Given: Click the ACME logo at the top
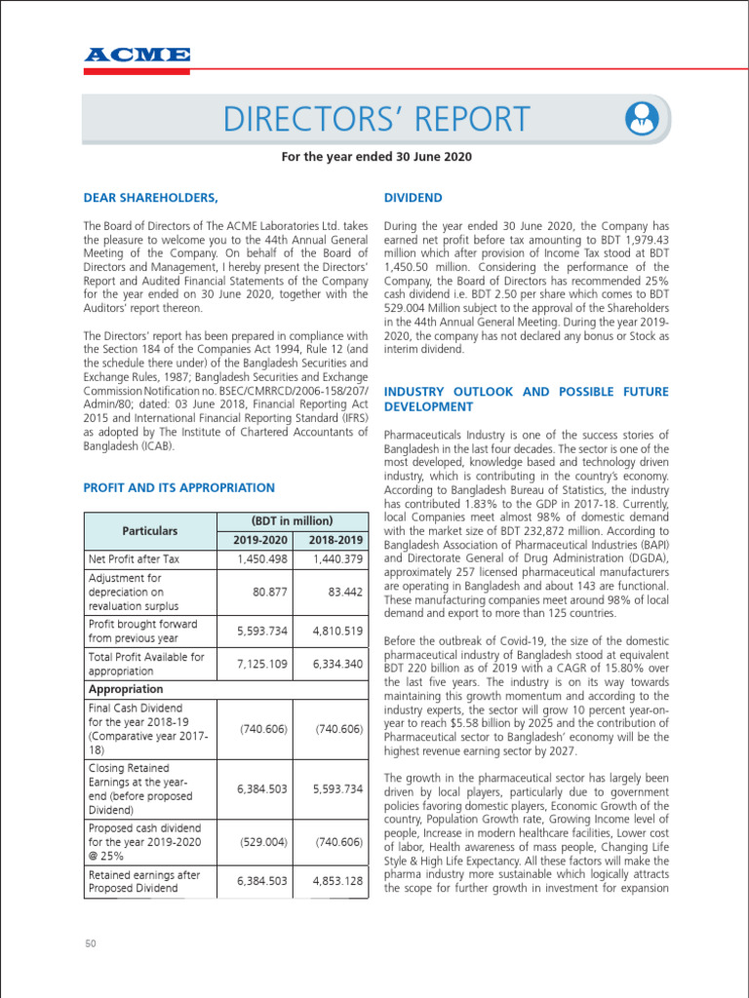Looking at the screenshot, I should (137, 55).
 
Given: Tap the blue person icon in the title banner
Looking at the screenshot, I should (642, 119).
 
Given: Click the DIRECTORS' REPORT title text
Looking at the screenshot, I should (376, 119).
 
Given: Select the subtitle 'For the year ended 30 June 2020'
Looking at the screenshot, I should (375, 157).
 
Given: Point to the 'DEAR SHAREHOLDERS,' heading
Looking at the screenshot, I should (150, 198).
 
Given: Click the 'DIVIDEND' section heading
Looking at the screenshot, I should (414, 198).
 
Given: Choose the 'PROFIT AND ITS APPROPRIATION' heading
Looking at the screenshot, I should (179, 487).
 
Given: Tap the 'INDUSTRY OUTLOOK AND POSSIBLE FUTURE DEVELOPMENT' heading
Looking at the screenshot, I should (527, 399).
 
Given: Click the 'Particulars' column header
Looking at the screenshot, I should (150, 530).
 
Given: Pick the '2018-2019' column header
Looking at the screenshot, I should (334, 540).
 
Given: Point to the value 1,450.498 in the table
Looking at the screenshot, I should (262, 559).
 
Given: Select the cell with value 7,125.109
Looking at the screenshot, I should (262, 664).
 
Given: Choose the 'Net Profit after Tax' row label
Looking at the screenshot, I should (135, 559).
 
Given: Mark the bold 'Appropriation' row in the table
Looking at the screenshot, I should (126, 689).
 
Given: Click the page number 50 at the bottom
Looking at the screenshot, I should (90, 943).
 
